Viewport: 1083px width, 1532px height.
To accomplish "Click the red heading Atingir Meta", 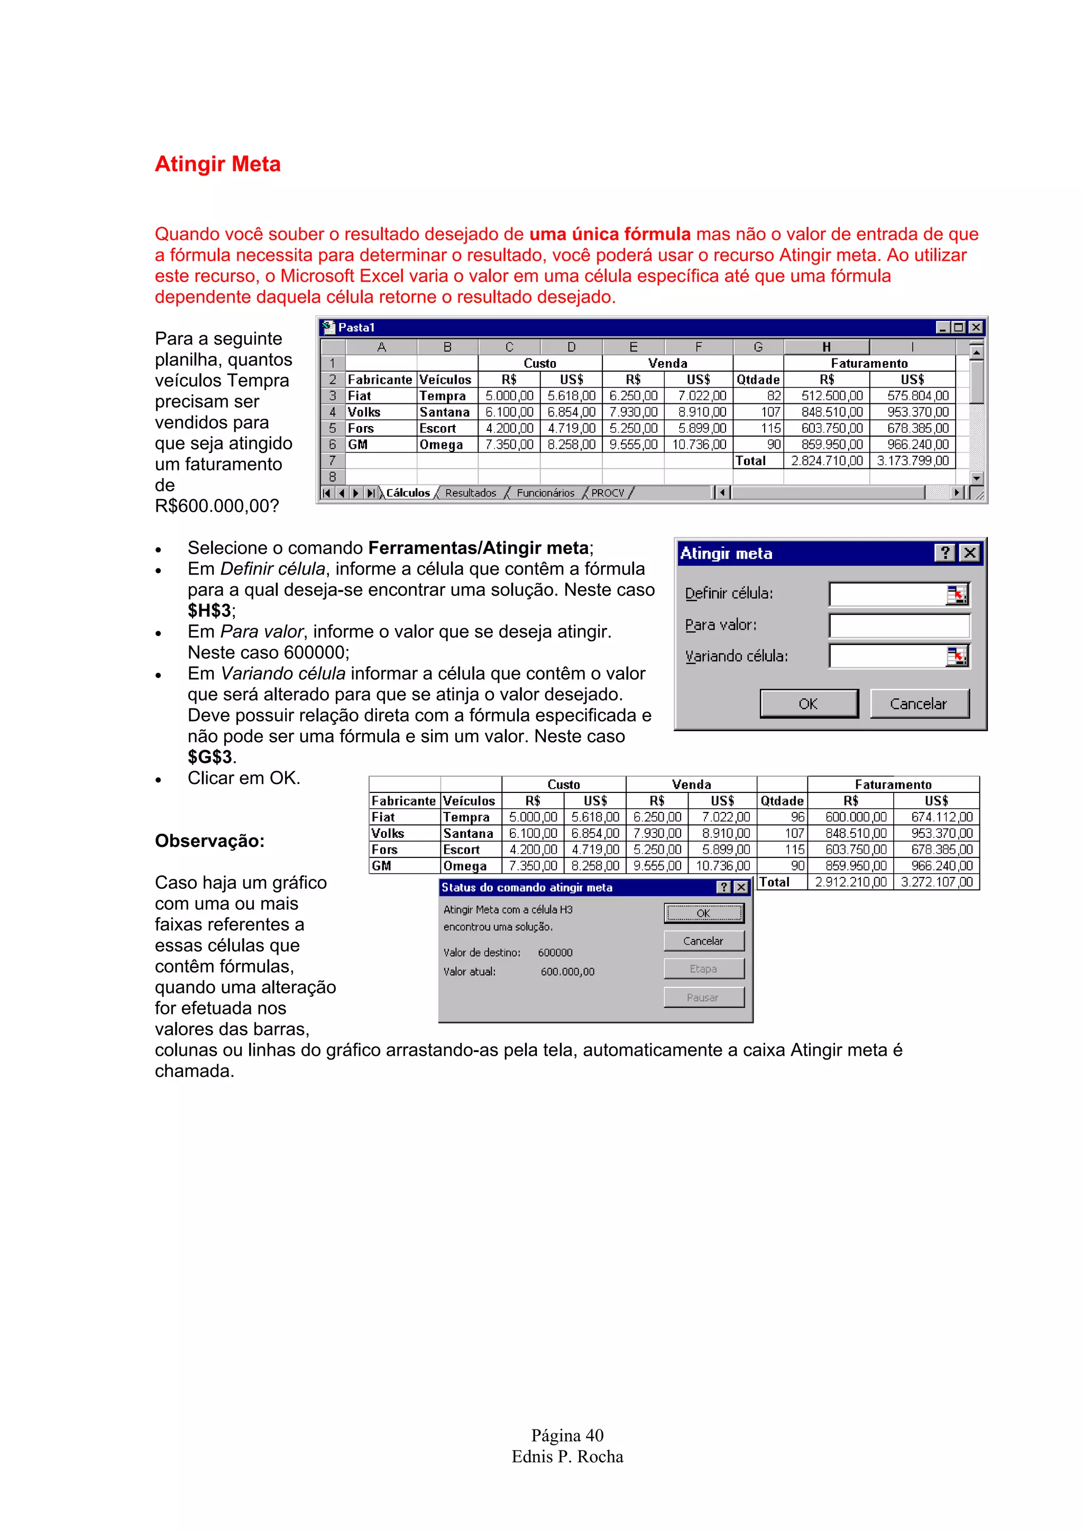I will pyautogui.click(x=217, y=164).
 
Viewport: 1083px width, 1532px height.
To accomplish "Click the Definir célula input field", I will pyautogui.click(x=886, y=594).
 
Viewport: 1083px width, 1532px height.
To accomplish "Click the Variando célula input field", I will pyautogui.click(x=886, y=657).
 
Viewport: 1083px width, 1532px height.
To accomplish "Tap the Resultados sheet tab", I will pyautogui.click(x=471, y=493).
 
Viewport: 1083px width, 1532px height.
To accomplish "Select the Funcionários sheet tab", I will pyautogui.click(x=545, y=493).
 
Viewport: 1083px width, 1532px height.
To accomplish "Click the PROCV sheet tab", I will pyautogui.click(x=607, y=493).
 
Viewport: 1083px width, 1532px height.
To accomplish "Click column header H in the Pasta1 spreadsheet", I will pyautogui.click(x=826, y=347).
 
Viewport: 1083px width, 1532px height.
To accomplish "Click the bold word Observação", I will pyautogui.click(x=209, y=841).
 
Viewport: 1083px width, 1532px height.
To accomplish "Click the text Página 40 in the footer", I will pyautogui.click(x=567, y=1435).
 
